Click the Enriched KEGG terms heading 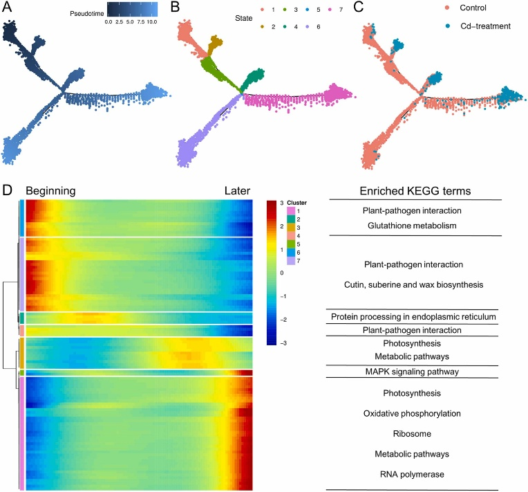pos(412,192)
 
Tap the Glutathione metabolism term pos(412,226)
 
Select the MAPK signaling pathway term pos(412,372)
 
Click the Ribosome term pos(412,433)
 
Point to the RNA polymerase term pos(412,474)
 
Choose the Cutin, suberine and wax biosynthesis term pos(412,284)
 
